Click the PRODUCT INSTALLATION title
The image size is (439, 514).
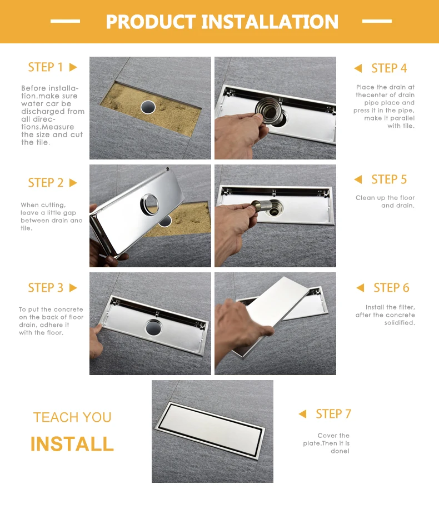coord(222,22)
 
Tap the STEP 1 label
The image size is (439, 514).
coord(45,67)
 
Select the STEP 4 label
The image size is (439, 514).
coord(389,68)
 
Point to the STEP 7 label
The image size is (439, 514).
coord(333,413)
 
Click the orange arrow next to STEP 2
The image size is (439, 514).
coord(73,183)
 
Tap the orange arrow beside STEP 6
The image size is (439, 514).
coord(360,287)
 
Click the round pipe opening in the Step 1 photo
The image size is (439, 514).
coord(148,107)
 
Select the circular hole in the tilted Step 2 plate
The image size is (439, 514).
coord(150,204)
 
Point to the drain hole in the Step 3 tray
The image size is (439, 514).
coord(153,327)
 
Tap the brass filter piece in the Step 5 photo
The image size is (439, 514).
coord(262,206)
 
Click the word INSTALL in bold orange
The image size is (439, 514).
coord(72,444)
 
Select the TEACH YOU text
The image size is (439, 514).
coord(72,417)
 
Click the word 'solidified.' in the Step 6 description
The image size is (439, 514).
coord(400,323)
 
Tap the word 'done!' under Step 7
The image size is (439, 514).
coord(340,451)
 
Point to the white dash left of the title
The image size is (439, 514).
coord(65,21)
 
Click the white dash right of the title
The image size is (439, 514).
coord(377,21)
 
